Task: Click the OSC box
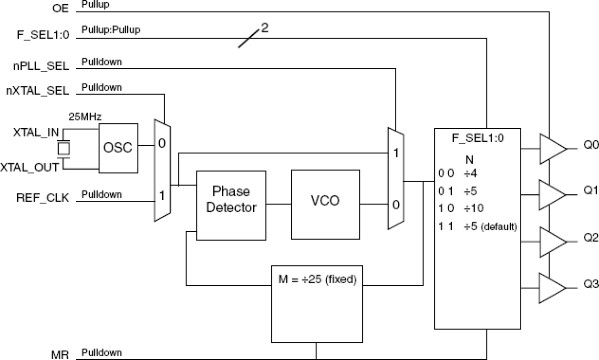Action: coord(118,147)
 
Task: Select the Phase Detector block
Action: coord(231,199)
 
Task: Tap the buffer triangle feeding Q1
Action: coord(552,195)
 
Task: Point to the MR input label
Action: coord(61,355)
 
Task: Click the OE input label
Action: coord(60,8)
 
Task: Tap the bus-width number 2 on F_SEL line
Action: coord(265,28)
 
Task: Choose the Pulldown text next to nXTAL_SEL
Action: coord(102,87)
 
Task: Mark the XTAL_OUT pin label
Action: coord(30,167)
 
